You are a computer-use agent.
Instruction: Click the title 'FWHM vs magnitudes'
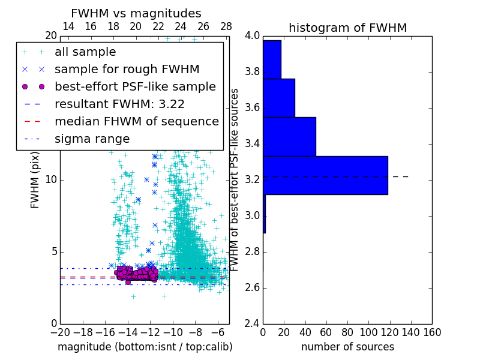click(136, 14)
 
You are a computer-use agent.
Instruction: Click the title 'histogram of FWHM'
click(347, 28)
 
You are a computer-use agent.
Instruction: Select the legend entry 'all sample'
click(85, 52)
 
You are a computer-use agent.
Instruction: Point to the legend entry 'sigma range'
click(92, 139)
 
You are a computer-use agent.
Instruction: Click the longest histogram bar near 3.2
click(325, 175)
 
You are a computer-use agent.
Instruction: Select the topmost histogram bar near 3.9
click(272, 59)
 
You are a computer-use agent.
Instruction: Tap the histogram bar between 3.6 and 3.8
click(279, 98)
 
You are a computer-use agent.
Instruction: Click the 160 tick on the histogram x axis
click(432, 332)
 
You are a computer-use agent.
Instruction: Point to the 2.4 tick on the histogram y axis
click(253, 323)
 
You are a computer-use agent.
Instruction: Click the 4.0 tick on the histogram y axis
click(253, 35)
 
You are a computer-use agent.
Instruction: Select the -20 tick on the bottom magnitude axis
click(60, 332)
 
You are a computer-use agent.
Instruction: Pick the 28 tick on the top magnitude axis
click(226, 26)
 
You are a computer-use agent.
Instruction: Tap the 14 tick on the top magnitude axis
click(68, 26)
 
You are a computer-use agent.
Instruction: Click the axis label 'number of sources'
click(347, 347)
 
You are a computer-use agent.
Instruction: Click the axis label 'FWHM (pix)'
click(35, 179)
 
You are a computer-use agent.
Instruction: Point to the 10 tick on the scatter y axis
click(51, 179)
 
